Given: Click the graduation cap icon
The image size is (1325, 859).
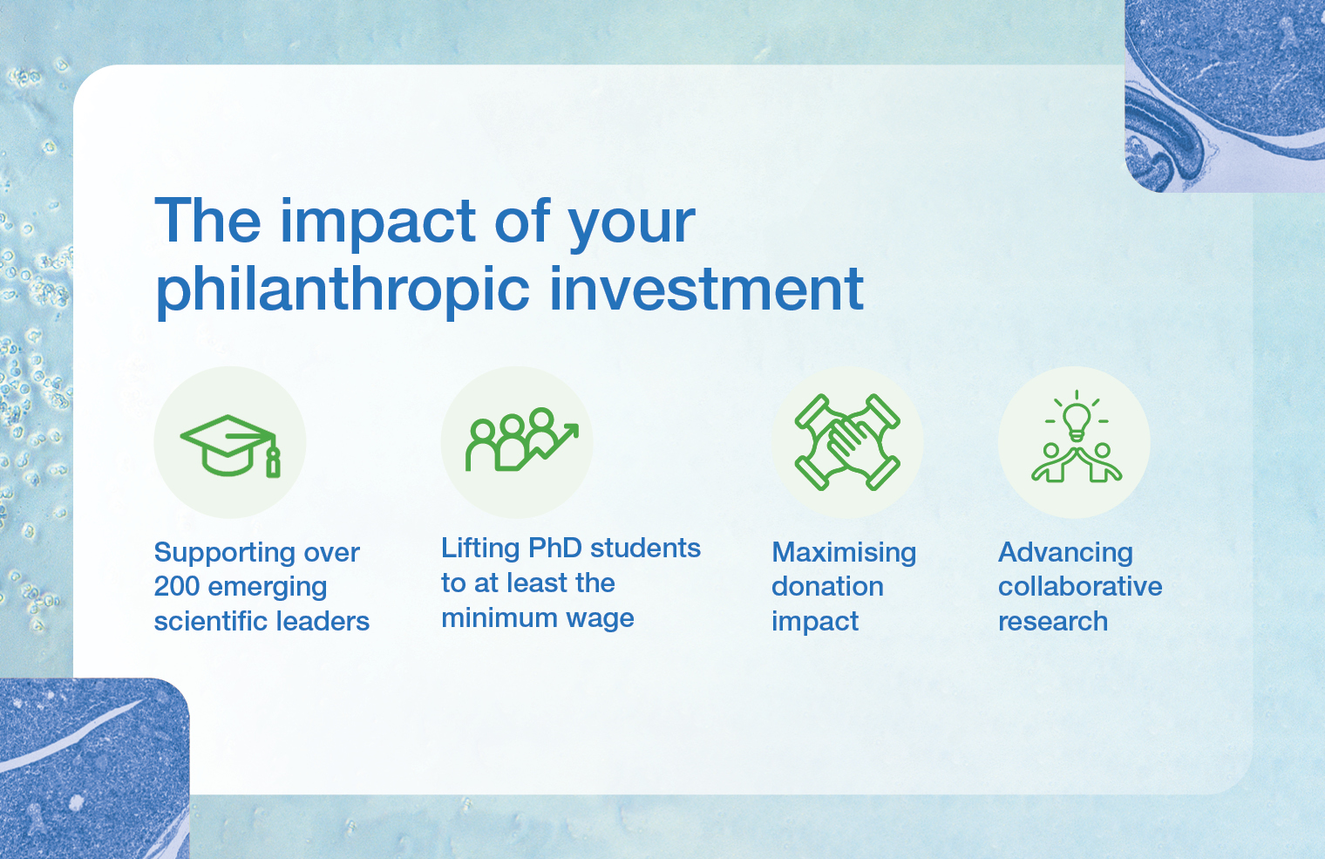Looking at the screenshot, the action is pyautogui.click(x=230, y=445).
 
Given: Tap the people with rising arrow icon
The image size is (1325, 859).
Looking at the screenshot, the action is pyautogui.click(x=521, y=439).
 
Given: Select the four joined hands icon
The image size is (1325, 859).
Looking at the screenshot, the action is pyautogui.click(x=847, y=442).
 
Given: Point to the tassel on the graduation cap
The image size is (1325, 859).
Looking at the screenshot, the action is pyautogui.click(x=273, y=460).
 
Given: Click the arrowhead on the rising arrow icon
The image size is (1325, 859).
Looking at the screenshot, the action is pyautogui.click(x=570, y=430).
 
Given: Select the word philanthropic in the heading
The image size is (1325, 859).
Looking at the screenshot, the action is pyautogui.click(x=343, y=290).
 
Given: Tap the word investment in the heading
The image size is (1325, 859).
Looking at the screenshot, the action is pyautogui.click(x=707, y=289).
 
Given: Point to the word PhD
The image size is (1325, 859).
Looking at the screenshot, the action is pyautogui.click(x=554, y=548).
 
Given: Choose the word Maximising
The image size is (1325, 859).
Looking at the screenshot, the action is pyautogui.click(x=844, y=554).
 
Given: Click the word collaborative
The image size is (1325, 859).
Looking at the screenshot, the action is pyautogui.click(x=1080, y=587).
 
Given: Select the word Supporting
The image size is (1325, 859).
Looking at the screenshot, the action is pyautogui.click(x=225, y=554).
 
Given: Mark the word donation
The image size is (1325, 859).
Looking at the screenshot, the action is pyautogui.click(x=827, y=587).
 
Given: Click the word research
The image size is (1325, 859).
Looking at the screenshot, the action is pyautogui.click(x=1053, y=622).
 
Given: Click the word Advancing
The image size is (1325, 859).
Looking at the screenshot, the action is pyautogui.click(x=1065, y=554).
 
